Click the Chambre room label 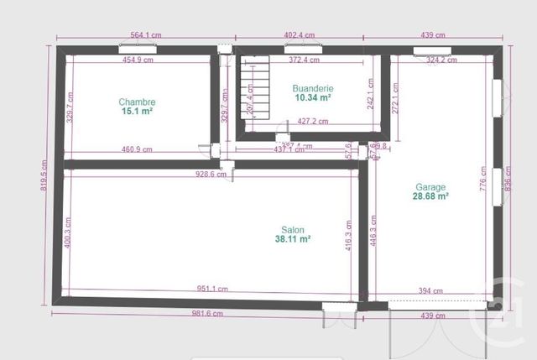[137, 102]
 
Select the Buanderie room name [312, 88]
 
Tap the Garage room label [430, 187]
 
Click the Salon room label [293, 229]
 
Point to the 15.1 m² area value [137, 111]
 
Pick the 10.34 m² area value [312, 97]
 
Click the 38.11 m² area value [293, 238]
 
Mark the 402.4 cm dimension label [299, 35]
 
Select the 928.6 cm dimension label [210, 175]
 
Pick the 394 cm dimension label [430, 291]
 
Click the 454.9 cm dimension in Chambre [138, 60]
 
